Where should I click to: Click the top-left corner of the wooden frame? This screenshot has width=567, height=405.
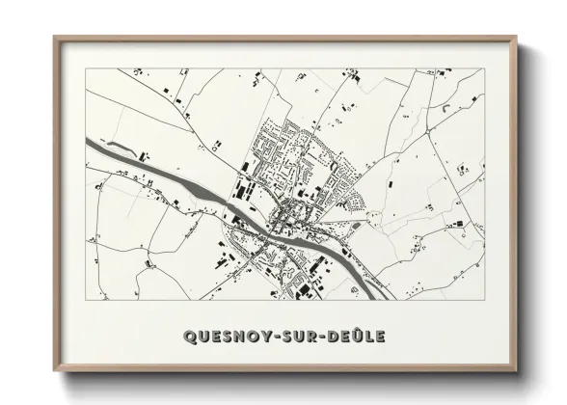(x=54, y=38)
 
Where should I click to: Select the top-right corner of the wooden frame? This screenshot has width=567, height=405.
(x=516, y=38)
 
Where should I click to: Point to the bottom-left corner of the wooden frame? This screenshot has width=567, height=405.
(x=54, y=371)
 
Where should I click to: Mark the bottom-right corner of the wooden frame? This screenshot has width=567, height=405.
(x=516, y=371)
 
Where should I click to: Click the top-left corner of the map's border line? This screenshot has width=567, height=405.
(x=86, y=68)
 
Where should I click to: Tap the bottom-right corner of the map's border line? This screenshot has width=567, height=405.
(x=483, y=300)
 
